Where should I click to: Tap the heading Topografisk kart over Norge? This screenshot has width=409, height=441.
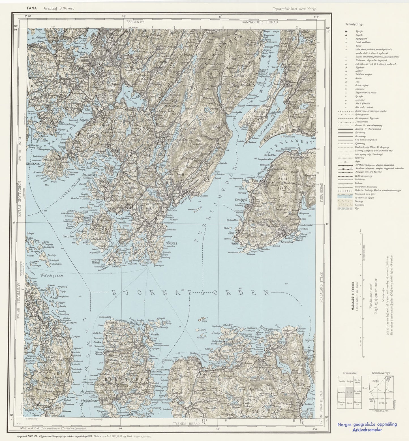point(295,9)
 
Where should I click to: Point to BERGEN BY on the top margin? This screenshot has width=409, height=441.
point(134,22)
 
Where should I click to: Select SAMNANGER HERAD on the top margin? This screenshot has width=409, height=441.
point(260,22)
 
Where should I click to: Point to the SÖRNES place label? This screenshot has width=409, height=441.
point(172,243)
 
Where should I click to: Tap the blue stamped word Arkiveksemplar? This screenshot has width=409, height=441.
point(367,430)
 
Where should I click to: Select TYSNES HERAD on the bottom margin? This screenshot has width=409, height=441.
point(186,423)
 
